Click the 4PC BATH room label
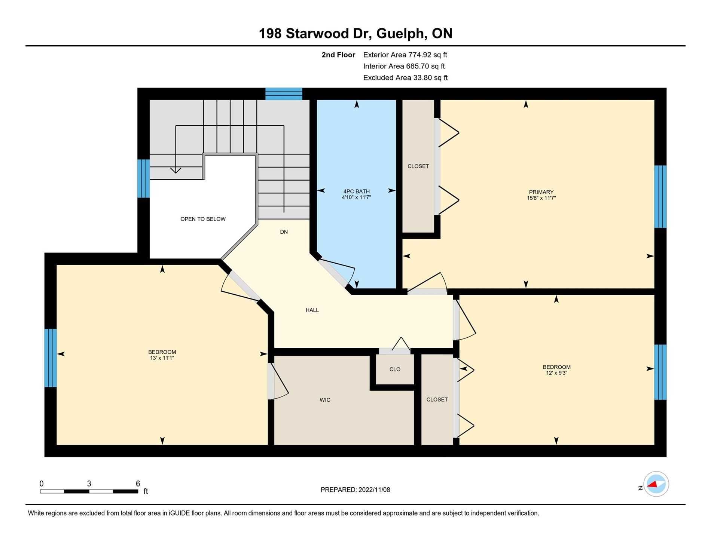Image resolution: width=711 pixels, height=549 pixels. point(356,191)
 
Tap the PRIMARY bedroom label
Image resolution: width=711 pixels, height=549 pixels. point(541,192)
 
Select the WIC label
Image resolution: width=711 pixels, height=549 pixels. point(325,400)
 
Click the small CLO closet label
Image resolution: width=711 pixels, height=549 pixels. point(395,369)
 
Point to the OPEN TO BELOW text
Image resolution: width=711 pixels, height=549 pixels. point(203,219)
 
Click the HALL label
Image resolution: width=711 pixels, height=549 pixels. point(312,310)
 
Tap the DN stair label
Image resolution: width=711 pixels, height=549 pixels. point(284,232)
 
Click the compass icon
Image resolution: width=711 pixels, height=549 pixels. point(656,484)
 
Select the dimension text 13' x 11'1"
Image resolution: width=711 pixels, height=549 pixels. point(162,358)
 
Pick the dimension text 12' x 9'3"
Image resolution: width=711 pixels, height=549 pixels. point(556,373)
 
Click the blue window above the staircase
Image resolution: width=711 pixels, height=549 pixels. point(284,94)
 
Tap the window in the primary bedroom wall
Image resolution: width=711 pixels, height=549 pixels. point(660,197)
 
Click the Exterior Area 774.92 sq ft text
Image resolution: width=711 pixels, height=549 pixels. point(405,55)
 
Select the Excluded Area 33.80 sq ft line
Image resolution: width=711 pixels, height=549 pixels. point(405,78)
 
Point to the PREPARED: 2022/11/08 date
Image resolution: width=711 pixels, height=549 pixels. point(355,490)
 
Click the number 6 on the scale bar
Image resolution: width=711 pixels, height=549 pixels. point(138,484)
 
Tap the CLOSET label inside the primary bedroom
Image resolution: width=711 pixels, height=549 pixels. point(418,166)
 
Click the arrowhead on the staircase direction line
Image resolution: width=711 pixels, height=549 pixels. point(176,170)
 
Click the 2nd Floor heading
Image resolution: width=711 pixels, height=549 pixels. point(338,55)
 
